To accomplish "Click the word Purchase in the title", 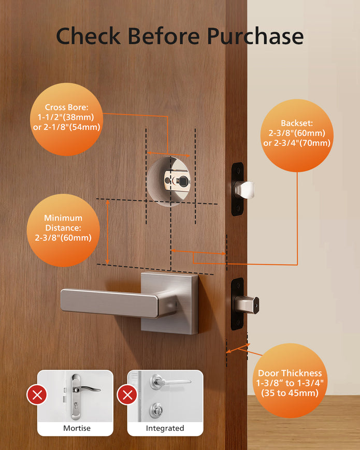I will (255, 36).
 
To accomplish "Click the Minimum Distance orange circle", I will (64, 228).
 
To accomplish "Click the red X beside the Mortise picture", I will (37, 396).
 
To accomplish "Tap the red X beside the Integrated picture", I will (127, 396).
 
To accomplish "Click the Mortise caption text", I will (77, 428).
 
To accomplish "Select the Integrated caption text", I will (165, 428).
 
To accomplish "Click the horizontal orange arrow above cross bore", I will (168, 154).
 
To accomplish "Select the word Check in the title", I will (89, 36).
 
